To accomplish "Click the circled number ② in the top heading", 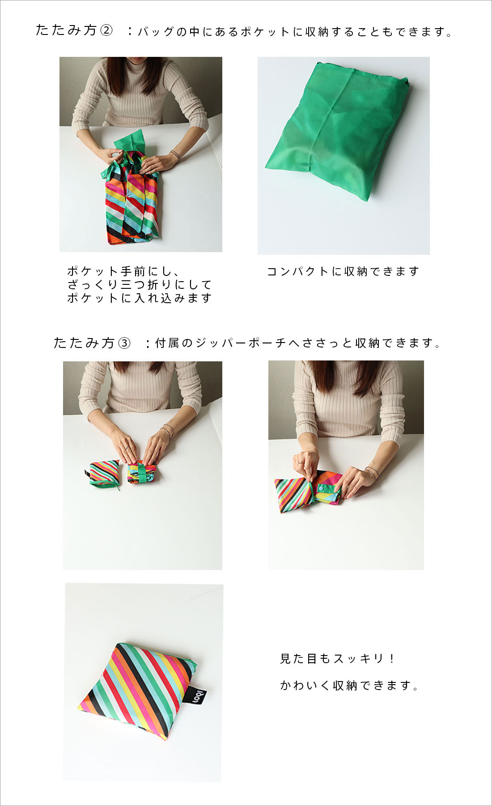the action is point(106,31).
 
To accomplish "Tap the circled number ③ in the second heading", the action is point(124,343).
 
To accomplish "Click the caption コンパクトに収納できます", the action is point(343,271).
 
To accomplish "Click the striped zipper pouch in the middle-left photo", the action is point(104,474).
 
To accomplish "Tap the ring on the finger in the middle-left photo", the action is point(127,448).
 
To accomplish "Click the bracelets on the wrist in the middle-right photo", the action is point(371,472).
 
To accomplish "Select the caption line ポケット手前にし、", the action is point(123,271).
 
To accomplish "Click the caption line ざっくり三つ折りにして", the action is point(140,285).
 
